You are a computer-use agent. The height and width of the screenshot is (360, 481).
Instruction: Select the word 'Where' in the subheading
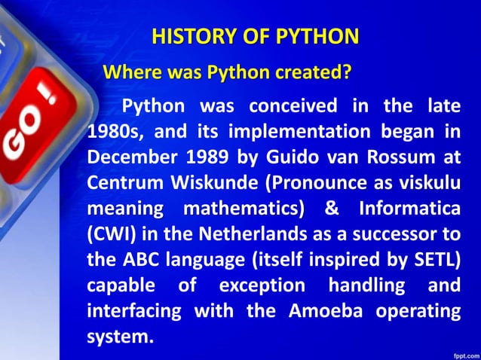(128, 73)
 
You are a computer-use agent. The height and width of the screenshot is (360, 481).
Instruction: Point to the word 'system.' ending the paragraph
(121, 336)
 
